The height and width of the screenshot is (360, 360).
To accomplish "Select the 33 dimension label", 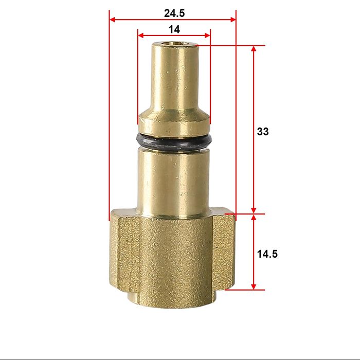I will (x=263, y=131).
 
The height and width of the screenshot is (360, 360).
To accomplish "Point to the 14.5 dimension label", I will (x=267, y=254).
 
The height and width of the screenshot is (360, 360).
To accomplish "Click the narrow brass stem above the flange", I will (x=174, y=77).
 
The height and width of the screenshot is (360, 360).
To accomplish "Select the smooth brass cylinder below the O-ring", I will (x=175, y=180).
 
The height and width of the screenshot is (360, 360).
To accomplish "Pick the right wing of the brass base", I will (x=225, y=247).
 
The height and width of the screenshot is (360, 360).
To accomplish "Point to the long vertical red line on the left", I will (x=110, y=118).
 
